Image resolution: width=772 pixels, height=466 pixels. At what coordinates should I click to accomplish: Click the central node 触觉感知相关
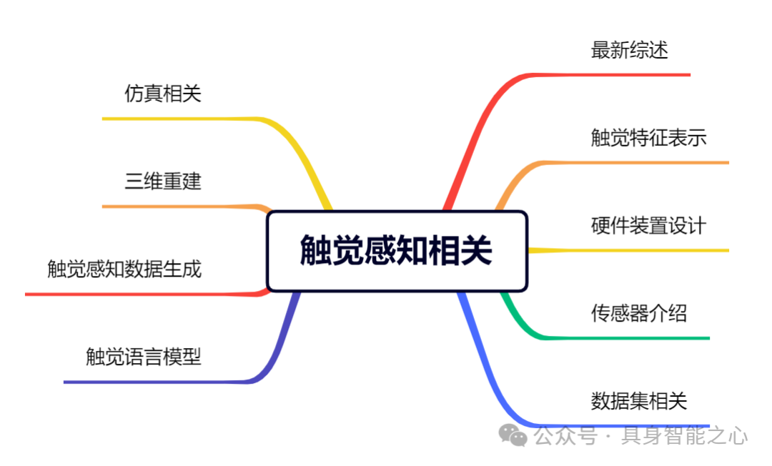click(x=397, y=251)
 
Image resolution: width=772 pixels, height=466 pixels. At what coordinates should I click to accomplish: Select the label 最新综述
click(x=629, y=50)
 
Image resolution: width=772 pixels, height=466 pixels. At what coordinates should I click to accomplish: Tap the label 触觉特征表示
click(x=648, y=137)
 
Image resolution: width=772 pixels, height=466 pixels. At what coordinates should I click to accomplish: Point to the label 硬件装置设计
click(x=648, y=226)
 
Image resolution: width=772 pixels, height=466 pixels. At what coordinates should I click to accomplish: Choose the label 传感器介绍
click(x=638, y=313)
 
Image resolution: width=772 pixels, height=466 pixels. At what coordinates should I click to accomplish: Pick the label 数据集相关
click(x=638, y=400)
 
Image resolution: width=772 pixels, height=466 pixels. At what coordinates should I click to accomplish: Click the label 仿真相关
click(x=163, y=94)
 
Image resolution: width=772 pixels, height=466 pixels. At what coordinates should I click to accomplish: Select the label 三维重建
click(x=163, y=182)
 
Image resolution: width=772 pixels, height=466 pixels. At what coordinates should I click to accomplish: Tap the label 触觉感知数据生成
click(x=124, y=269)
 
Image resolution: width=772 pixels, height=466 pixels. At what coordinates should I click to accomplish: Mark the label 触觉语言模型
click(x=144, y=357)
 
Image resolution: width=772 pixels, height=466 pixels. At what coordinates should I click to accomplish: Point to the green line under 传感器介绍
click(x=629, y=337)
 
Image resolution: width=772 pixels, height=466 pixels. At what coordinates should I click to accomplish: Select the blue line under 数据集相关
click(x=629, y=425)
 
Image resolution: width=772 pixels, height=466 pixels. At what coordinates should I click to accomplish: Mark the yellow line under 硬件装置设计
click(x=643, y=250)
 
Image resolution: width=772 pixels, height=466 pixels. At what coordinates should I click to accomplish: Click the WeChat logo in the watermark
click(x=513, y=434)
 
